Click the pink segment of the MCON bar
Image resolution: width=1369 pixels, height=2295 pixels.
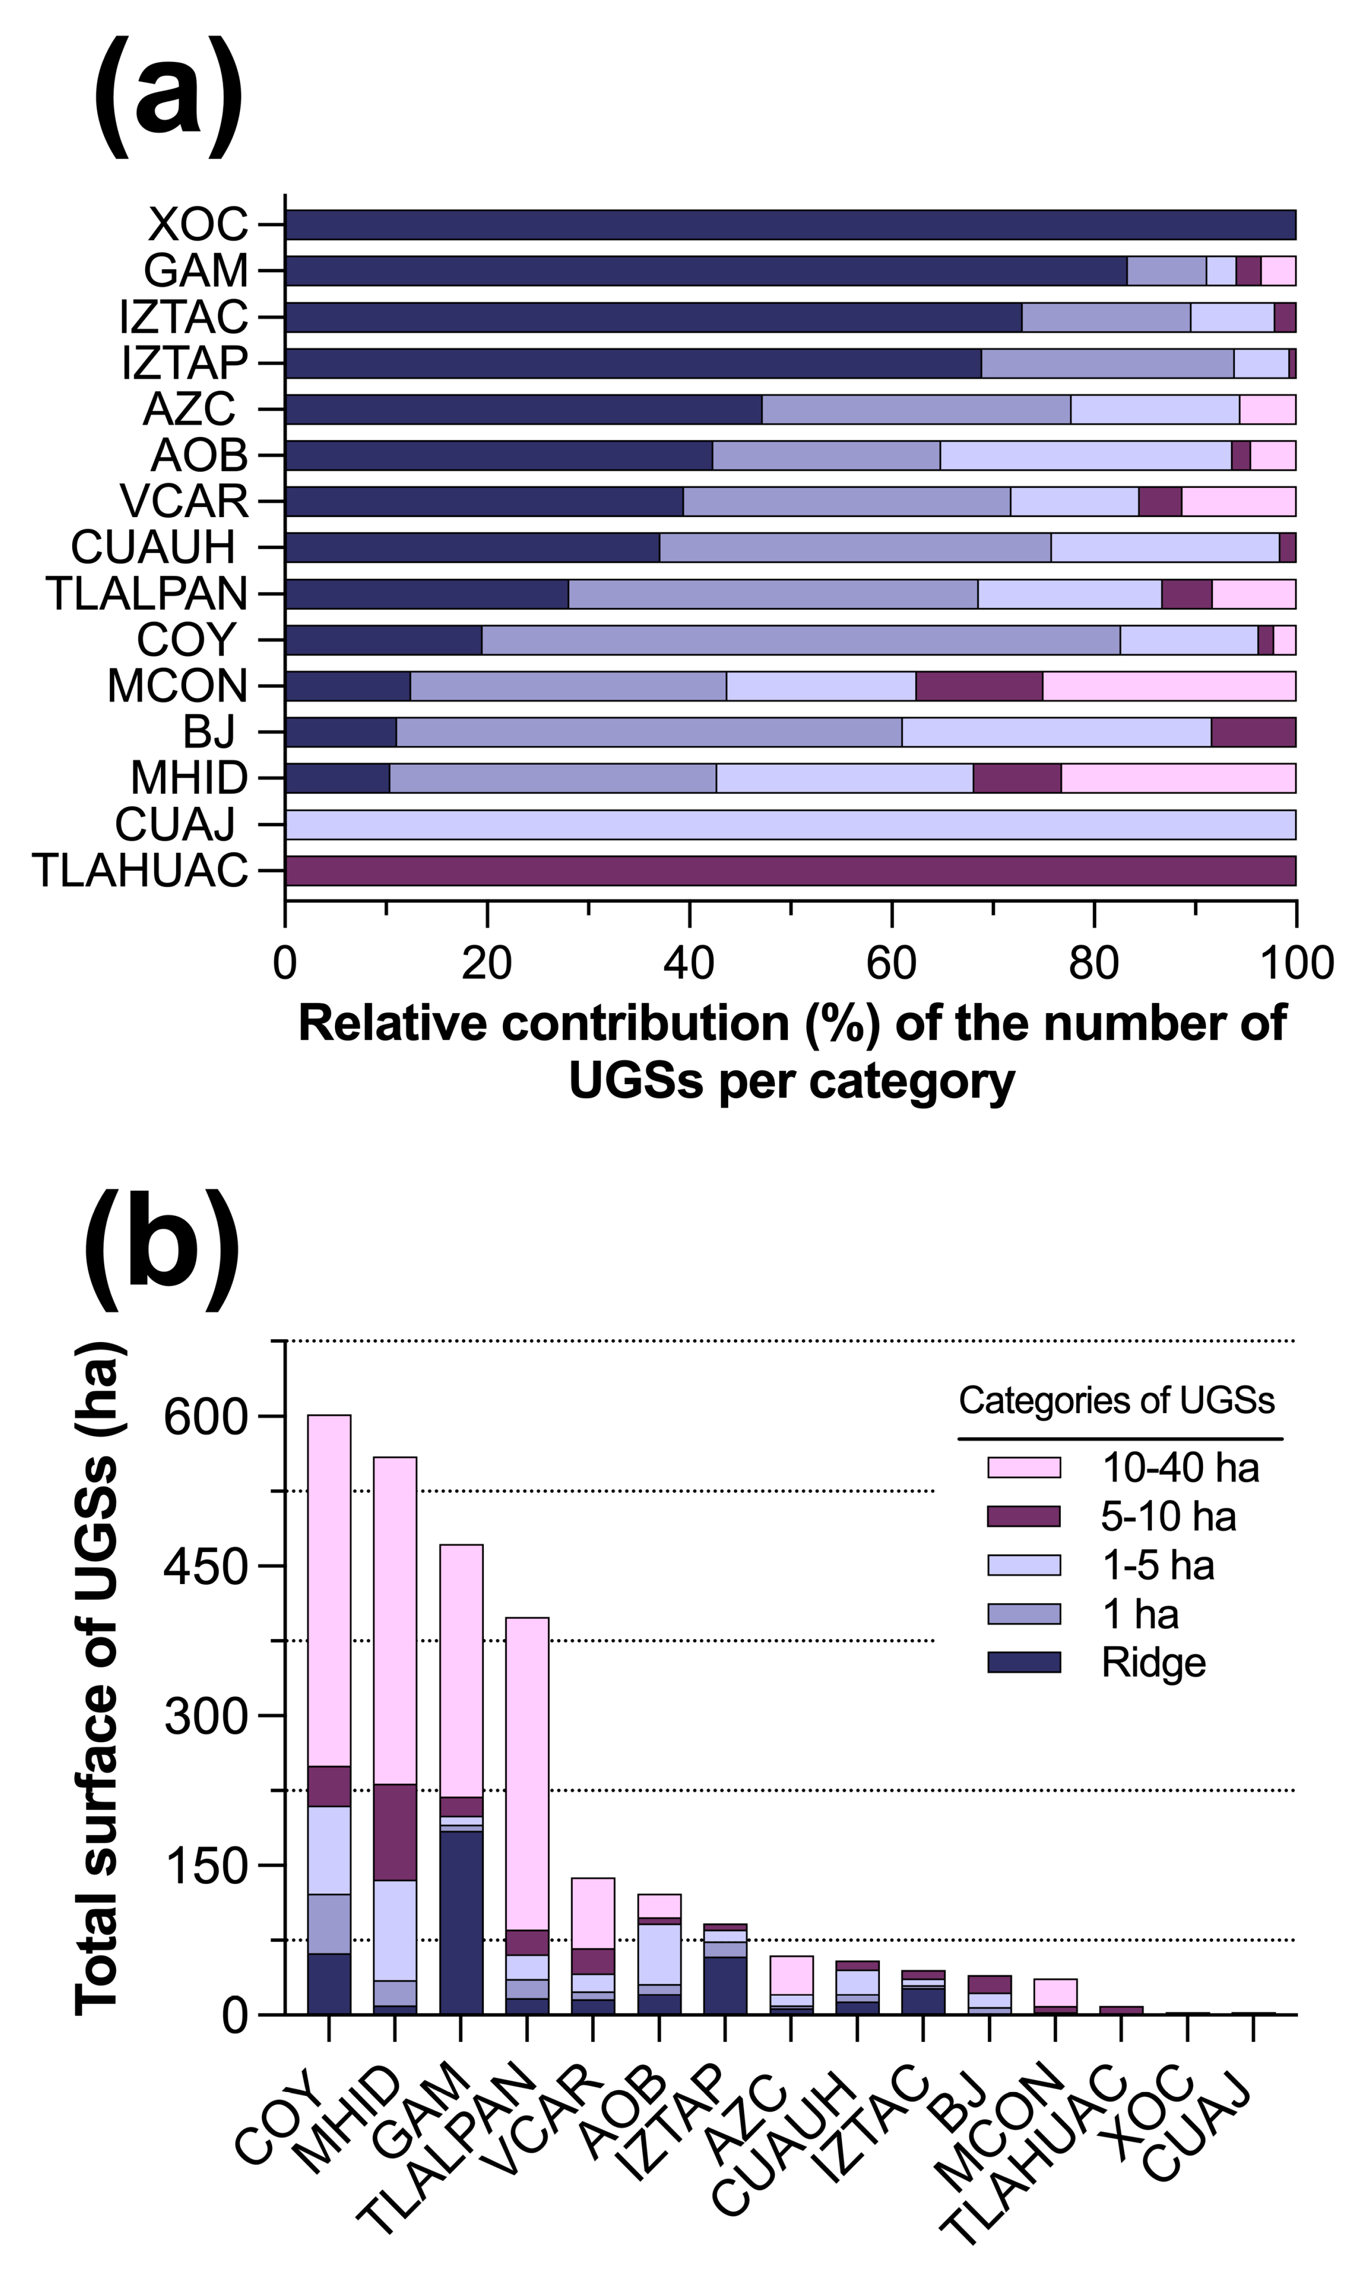[1169, 686]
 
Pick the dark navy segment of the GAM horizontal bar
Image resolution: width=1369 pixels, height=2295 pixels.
[706, 270]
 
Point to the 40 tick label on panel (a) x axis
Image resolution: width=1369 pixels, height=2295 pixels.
[688, 962]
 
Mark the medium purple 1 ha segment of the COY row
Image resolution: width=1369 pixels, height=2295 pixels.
[801, 639]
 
